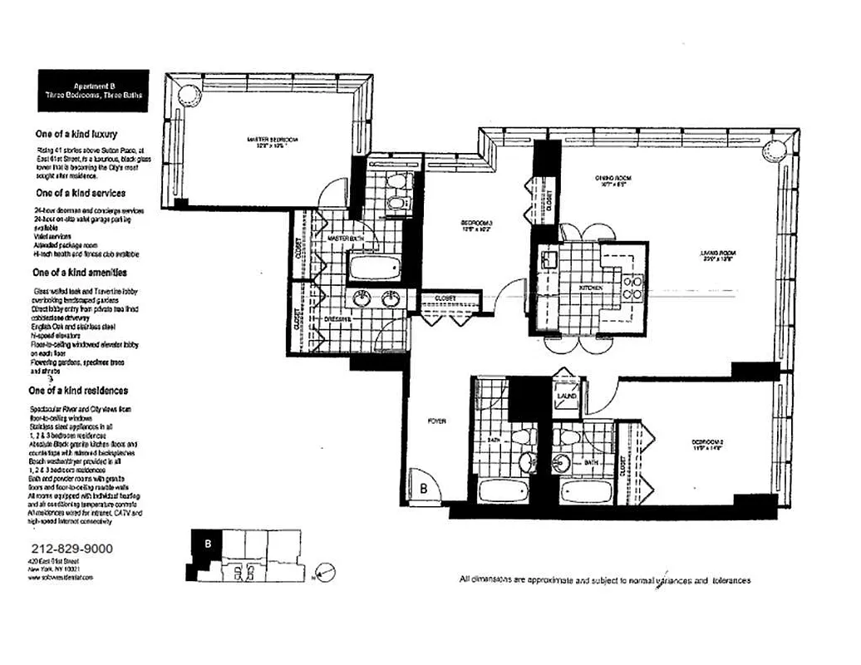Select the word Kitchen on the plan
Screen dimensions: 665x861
click(x=591, y=287)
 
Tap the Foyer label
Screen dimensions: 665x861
click(x=437, y=421)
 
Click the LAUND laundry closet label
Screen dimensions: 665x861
click(x=567, y=396)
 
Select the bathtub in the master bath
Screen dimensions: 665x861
click(x=375, y=268)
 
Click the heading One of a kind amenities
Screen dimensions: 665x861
click(x=79, y=272)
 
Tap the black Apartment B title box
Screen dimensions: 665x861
click(x=94, y=90)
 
